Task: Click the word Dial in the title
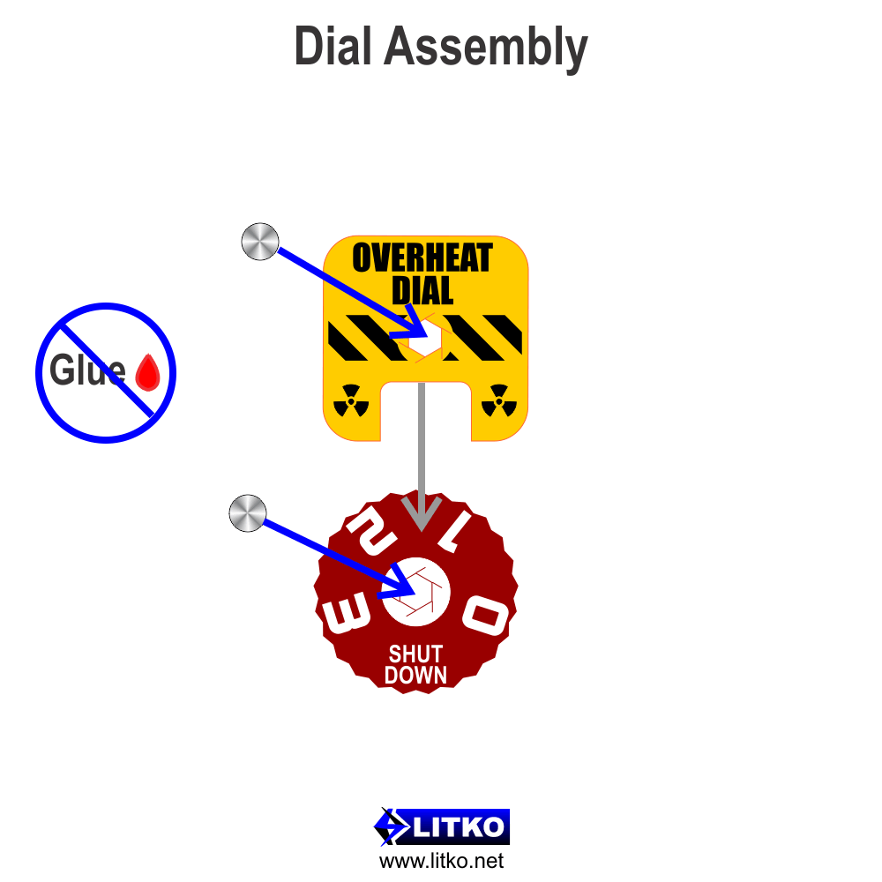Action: [x=333, y=46]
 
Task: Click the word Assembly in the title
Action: [x=486, y=49]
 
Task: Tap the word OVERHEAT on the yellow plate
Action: [x=422, y=258]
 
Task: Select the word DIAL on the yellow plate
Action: [x=422, y=290]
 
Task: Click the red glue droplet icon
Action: [x=148, y=372]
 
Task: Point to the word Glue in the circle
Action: [x=87, y=370]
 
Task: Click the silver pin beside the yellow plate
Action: [x=260, y=242]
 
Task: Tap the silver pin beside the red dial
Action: [x=248, y=513]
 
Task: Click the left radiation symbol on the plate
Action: [x=351, y=400]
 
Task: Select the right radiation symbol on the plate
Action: [x=499, y=400]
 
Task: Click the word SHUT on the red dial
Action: [x=415, y=654]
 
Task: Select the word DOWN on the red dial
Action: [x=415, y=675]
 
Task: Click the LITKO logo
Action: [x=442, y=827]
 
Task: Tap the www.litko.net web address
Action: [x=442, y=861]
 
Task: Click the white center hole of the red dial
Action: [x=416, y=592]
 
